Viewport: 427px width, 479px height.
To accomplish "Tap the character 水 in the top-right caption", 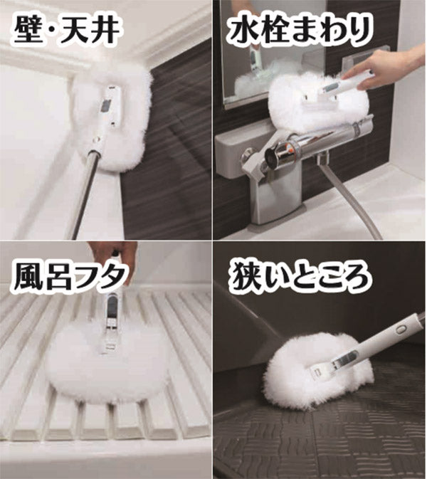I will coord(245,31).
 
